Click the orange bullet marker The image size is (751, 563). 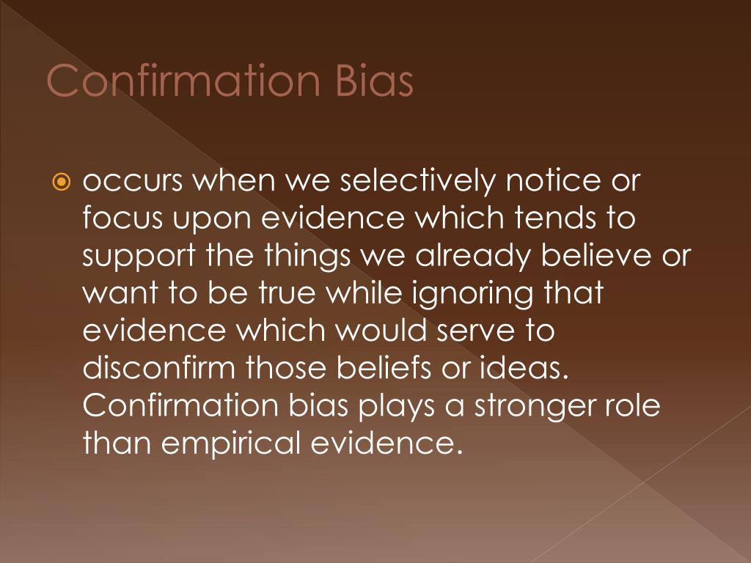pyautogui.click(x=61, y=182)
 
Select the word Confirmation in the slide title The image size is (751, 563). pyautogui.click(x=183, y=80)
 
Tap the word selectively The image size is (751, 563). pyautogui.click(x=417, y=181)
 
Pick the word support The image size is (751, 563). pyautogui.click(x=139, y=257)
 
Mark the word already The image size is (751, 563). pyautogui.click(x=473, y=256)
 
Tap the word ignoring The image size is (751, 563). pyautogui.click(x=472, y=293)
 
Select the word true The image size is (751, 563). pyautogui.click(x=287, y=293)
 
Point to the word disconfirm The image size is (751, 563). pyautogui.click(x=159, y=367)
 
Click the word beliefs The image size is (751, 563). pyautogui.click(x=384, y=367)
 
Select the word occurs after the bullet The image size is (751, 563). pyautogui.click(x=132, y=181)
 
